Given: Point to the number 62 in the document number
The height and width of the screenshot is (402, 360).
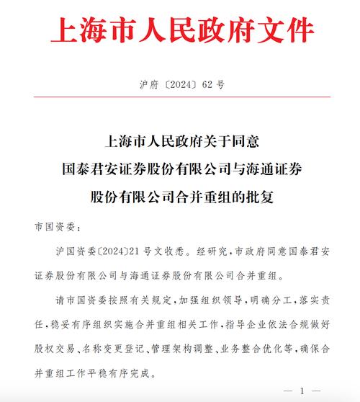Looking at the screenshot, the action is pos(207,84).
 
